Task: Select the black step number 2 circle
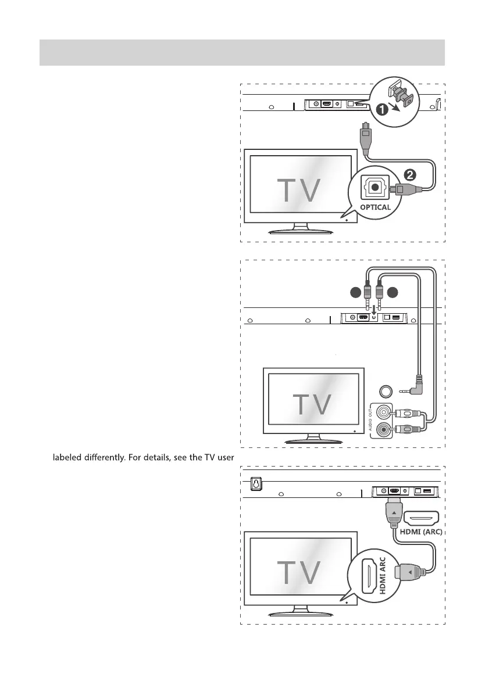[408, 174]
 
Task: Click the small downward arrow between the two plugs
[373, 301]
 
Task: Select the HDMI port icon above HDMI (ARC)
[420, 516]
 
